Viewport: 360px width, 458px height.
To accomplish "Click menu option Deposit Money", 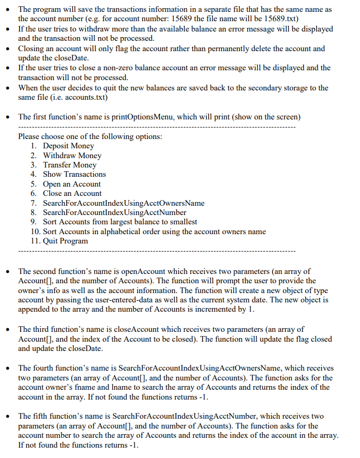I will click(68, 146).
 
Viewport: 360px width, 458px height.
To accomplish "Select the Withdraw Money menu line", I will click(72, 156).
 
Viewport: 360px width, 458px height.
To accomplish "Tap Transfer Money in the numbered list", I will click(69, 165).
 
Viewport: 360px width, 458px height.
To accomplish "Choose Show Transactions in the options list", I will click(74, 174).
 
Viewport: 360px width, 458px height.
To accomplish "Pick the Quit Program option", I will click(65, 241).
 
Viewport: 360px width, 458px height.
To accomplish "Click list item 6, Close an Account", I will click(72, 193).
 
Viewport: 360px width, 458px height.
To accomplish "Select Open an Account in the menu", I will click(71, 184).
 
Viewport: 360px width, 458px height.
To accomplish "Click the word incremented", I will click(254, 310).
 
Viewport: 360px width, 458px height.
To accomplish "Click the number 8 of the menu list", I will click(34, 212).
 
